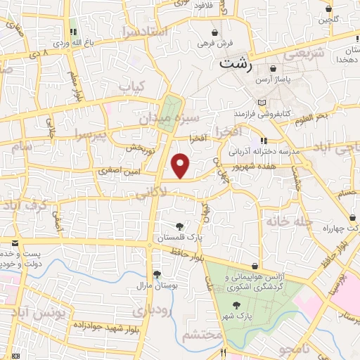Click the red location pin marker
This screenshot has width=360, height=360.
coord(181,166)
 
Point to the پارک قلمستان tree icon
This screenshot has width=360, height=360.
coord(179,226)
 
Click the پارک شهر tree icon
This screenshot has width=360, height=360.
coord(236,305)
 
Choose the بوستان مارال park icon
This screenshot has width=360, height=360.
coord(156,274)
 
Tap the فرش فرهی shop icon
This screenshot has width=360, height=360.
coord(214,32)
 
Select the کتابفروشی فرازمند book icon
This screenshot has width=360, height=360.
coord(262,103)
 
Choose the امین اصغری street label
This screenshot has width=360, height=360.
coord(120,171)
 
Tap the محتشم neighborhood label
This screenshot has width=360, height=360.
coord(202,335)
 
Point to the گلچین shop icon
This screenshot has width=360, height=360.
coord(329,9)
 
